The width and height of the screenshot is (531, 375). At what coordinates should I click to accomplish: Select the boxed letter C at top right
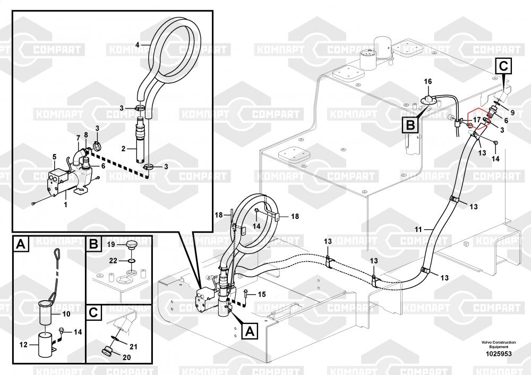pos(503,66)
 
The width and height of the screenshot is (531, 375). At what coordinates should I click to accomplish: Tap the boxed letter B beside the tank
pos(410,125)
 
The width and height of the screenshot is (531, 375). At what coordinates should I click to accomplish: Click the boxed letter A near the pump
pos(250,331)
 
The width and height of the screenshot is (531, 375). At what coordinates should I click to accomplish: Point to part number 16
pos(428,81)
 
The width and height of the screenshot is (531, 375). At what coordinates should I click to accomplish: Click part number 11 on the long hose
pos(418,229)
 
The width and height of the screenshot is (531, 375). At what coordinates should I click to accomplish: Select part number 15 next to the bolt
pos(262,294)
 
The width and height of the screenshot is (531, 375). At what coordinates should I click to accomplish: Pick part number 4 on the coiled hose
pos(137,45)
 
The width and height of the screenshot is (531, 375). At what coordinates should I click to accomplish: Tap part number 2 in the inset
pos(123,148)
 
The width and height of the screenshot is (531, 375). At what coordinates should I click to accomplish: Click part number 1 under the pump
pos(66,204)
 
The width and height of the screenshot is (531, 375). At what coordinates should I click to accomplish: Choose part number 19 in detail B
pos(112,244)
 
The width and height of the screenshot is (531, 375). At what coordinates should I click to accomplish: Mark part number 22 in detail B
pos(113,260)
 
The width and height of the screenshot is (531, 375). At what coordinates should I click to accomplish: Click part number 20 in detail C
pos(126,357)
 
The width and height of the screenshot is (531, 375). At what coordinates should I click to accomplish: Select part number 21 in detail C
pos(133,346)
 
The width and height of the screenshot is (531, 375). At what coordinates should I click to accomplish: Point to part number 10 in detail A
pos(66,314)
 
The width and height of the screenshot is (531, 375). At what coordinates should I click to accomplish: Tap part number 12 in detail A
pos(23,345)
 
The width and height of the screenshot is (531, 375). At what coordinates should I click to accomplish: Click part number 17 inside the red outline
pos(477,120)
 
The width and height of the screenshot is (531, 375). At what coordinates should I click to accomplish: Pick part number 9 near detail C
pos(512,113)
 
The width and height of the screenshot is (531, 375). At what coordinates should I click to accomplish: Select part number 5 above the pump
pos(54,157)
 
